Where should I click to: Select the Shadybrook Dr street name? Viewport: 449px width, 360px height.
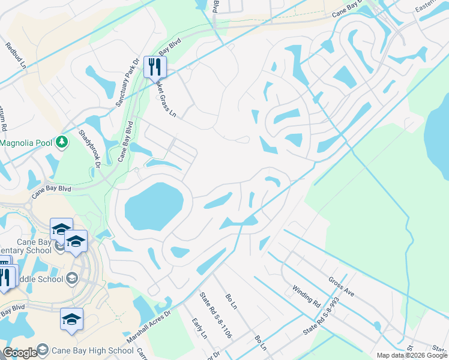(x=88, y=146)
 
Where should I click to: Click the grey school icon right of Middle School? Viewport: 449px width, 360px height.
(x=72, y=278)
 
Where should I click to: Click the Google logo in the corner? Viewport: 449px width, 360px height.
(x=20, y=353)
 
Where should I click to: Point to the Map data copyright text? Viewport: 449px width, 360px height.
(x=411, y=355)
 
